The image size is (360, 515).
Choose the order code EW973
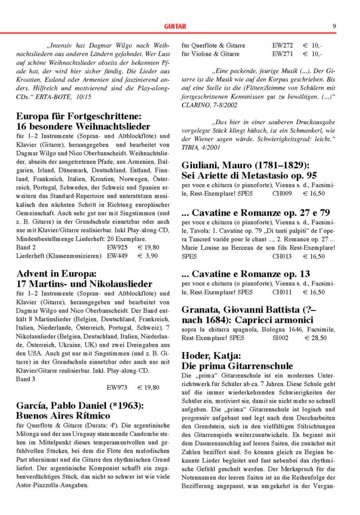118,388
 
